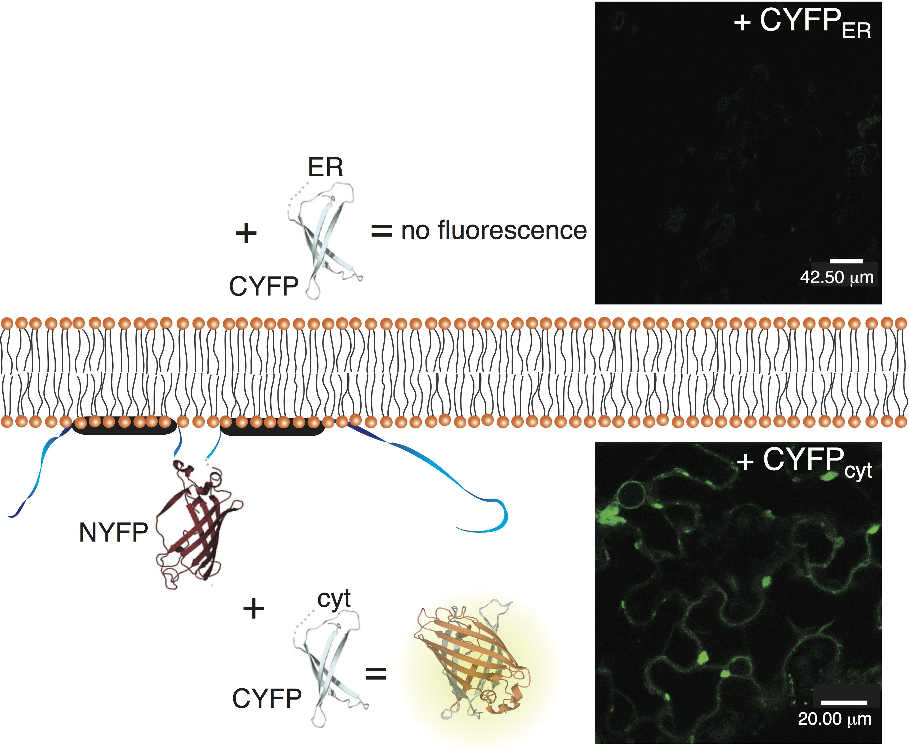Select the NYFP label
pos(113,532)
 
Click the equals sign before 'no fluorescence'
pos(381,231)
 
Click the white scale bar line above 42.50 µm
pos(846,261)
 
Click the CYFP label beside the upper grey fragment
pos(264,286)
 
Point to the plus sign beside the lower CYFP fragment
pos(254,609)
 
